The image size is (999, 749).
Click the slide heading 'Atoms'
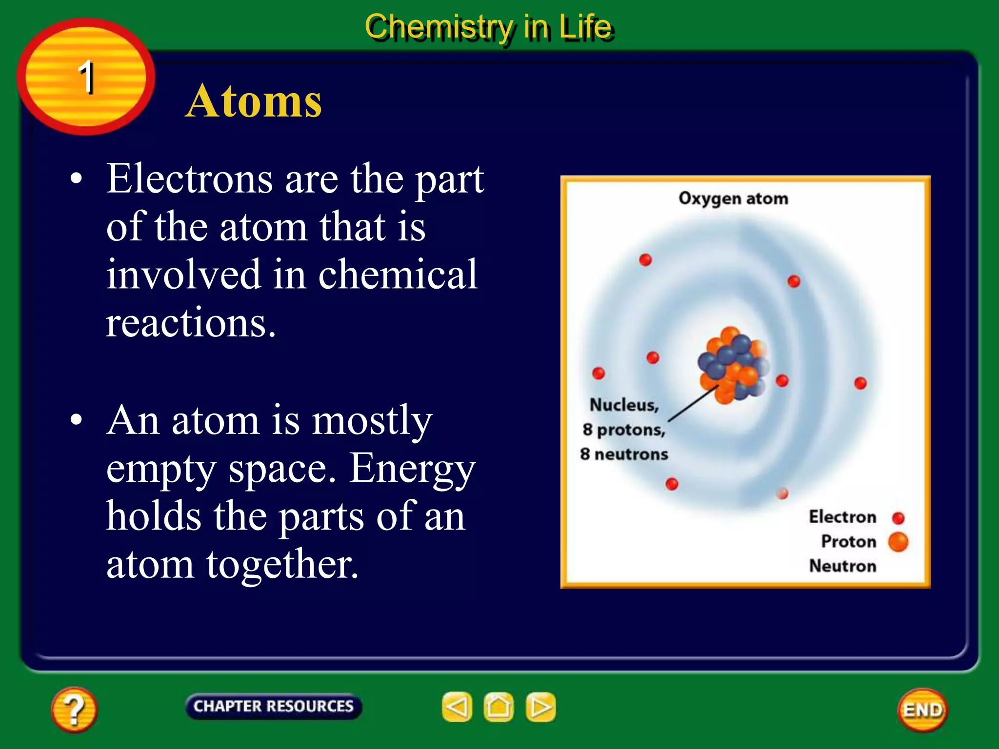pos(254,101)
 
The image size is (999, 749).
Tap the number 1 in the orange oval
pos(86,77)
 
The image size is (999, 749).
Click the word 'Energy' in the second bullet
pos(412,467)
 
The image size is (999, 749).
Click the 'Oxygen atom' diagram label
pos(733,198)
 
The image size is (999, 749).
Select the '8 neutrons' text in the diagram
pos(623,454)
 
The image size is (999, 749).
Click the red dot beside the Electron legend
pos(898,518)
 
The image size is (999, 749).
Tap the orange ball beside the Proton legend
pos(898,542)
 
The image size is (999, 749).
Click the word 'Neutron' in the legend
pos(842,566)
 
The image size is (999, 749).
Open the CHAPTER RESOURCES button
pos(273,706)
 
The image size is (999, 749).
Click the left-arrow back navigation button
pos(457,707)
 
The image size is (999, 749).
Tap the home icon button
pos(498,707)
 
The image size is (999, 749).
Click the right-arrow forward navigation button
pos(540,707)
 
